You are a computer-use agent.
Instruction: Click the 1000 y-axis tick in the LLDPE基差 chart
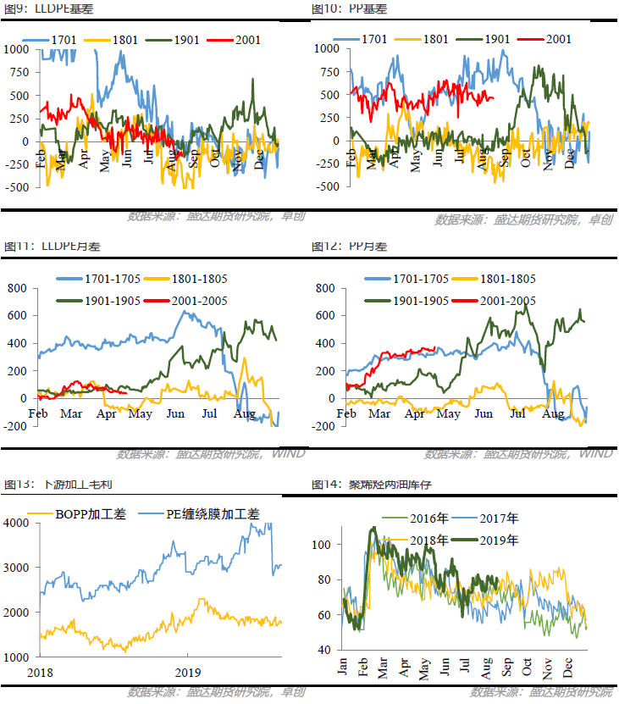point(16,48)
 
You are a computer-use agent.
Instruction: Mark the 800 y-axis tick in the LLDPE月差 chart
point(18,288)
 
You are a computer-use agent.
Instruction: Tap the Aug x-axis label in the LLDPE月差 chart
point(244,414)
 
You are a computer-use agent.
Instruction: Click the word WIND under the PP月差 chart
point(596,454)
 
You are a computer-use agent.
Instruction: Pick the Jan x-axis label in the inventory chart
point(343,667)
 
